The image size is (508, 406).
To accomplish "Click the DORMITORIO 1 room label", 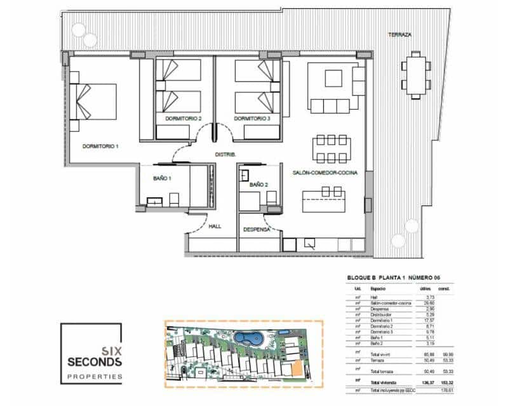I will point(100,146).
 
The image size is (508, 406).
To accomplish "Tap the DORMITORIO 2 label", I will point(183,119).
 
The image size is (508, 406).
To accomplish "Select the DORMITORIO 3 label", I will point(252,119).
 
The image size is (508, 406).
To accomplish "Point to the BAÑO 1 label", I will point(163,179).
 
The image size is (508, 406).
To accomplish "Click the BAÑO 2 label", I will point(258,185).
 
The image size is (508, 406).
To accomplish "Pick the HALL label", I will point(215,226).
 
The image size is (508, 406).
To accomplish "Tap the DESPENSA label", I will point(257,229).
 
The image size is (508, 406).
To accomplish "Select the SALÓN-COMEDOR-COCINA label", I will point(324,173).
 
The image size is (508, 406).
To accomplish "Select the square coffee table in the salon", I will point(334,78).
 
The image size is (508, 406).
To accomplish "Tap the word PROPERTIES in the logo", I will point(95,377).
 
